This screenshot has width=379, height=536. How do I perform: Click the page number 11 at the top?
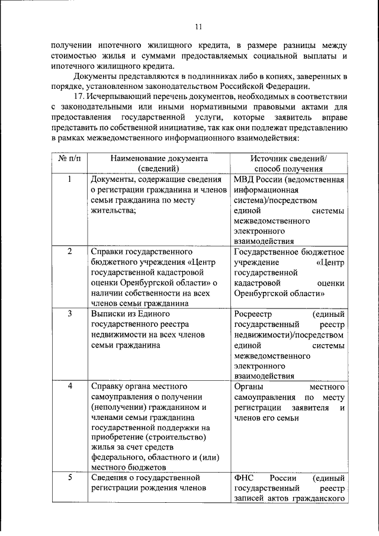[x=198, y=27]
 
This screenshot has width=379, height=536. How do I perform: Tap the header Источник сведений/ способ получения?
[x=288, y=163]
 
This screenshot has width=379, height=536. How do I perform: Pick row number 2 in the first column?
[x=69, y=251]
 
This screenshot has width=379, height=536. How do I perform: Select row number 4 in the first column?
[x=69, y=386]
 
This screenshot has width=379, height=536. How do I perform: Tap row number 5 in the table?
[x=69, y=477]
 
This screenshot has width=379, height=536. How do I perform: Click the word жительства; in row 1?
[x=114, y=211]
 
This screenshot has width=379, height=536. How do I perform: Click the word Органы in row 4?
[x=248, y=386]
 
